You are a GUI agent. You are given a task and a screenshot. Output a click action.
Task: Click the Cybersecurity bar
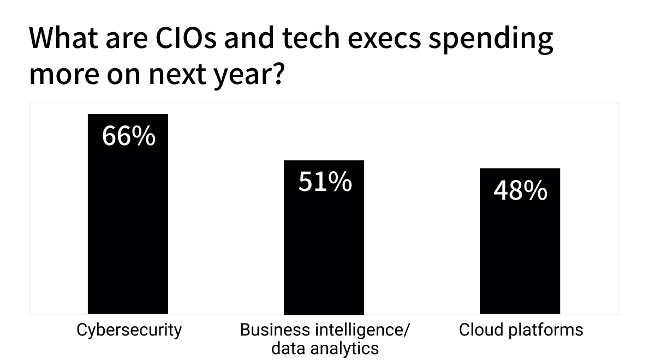coord(128,214)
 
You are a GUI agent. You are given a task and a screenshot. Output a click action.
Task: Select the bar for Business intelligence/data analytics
coord(324,237)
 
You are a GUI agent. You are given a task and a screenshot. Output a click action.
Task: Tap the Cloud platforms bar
coord(520,241)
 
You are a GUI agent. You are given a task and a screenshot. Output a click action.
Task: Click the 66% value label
coord(129,136)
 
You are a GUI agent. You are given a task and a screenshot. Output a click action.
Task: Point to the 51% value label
coord(325,182)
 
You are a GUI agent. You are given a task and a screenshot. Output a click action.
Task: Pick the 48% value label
coord(521,190)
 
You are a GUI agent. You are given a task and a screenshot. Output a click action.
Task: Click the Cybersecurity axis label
coord(129,331)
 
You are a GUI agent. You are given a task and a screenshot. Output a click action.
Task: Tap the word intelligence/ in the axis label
coord(362,331)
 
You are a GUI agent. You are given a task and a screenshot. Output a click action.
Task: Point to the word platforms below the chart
coord(546,331)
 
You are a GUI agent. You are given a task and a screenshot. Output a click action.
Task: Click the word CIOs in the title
coord(186,38)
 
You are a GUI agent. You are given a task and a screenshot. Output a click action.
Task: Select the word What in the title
coord(64,38)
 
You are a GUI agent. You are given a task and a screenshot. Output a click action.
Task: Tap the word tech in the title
coord(311,38)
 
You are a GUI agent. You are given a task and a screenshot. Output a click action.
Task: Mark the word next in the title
coord(177,75)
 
